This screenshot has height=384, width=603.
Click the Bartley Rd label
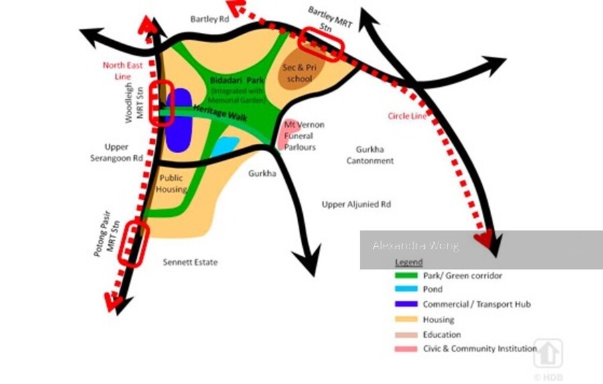(x=209, y=19)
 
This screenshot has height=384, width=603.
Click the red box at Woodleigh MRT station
(x=163, y=104)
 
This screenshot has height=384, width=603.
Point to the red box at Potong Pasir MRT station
(x=133, y=244)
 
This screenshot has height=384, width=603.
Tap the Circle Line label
(x=407, y=116)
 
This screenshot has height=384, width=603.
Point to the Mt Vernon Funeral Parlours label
(x=304, y=136)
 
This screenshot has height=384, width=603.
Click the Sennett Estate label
(x=190, y=262)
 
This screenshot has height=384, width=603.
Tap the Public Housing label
(x=171, y=184)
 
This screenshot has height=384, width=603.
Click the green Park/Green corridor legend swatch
(x=405, y=276)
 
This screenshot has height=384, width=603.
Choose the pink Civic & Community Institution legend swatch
(x=405, y=349)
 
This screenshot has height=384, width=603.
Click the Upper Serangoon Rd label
(x=117, y=153)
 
